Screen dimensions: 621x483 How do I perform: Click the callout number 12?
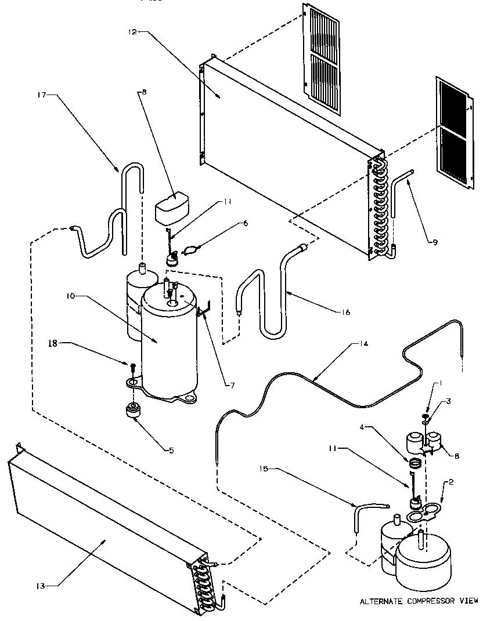tap(132, 33)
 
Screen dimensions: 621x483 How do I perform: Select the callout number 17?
tap(48, 94)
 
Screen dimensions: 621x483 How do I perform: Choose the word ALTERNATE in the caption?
tap(380, 601)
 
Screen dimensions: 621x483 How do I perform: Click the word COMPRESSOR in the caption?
tap(430, 601)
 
